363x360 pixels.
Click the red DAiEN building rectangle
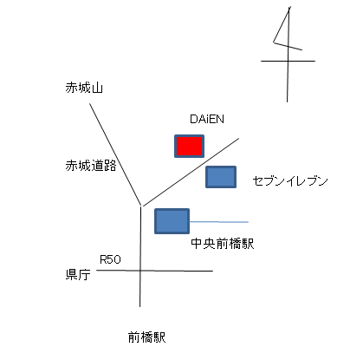(x=189, y=146)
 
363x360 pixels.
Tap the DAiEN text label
(x=207, y=119)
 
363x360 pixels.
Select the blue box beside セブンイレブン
(x=221, y=177)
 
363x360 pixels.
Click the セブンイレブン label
(x=290, y=181)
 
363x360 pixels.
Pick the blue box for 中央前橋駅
(x=172, y=221)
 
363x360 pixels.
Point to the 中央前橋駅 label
(x=223, y=244)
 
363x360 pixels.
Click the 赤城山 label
(x=84, y=88)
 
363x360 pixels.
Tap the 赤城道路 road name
(x=91, y=166)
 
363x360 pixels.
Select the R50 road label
(x=110, y=259)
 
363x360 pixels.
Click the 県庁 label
(x=78, y=274)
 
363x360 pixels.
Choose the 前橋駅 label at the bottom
(x=147, y=337)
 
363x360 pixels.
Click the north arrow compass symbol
(x=288, y=55)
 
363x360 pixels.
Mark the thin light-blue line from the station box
(x=219, y=222)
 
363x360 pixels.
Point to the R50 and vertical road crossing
(x=140, y=271)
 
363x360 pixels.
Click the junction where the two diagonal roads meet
(x=141, y=206)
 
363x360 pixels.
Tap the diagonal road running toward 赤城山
(x=115, y=154)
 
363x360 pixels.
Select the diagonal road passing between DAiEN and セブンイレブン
(x=190, y=172)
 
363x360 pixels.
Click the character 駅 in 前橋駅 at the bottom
(x=159, y=337)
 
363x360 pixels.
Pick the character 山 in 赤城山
(x=97, y=88)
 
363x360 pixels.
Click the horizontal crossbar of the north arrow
(x=288, y=61)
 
